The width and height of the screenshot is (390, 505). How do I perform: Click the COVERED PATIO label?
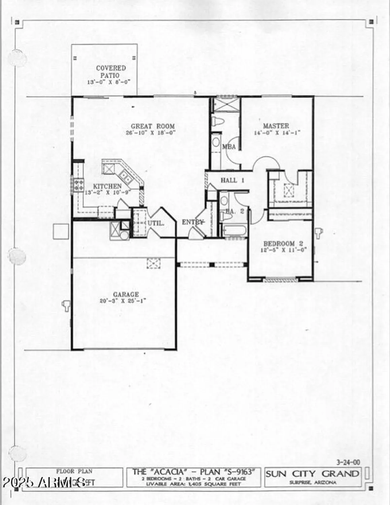click(111, 72)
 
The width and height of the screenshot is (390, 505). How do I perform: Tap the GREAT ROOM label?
click(153, 126)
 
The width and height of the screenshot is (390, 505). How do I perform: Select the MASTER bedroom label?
click(276, 126)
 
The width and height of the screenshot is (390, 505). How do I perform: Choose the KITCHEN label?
click(107, 186)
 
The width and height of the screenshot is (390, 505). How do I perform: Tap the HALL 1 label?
click(232, 180)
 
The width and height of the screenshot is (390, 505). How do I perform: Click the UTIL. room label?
click(156, 223)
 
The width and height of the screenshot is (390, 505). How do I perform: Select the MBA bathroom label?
click(229, 147)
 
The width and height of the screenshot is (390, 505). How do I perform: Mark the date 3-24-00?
click(348, 462)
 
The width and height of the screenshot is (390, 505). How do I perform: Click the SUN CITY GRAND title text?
click(312, 474)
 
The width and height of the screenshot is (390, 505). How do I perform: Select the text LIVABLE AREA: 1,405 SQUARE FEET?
click(193, 484)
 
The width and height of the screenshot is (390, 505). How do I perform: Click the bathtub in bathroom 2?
click(235, 231)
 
